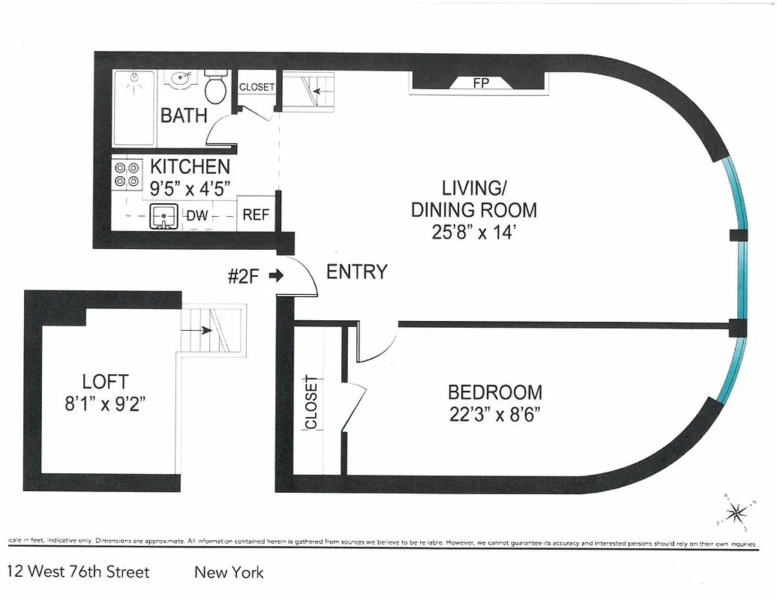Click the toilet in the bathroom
[216, 88]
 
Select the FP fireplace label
[481, 83]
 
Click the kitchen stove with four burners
[127, 175]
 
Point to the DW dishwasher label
[197, 216]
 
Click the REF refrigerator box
[256, 215]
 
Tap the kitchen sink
[163, 217]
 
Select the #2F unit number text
[244, 275]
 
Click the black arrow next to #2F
[275, 275]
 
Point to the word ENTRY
[357, 271]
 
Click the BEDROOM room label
[494, 392]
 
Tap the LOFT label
[105, 382]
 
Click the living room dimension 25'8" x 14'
[473, 232]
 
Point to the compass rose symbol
[737, 512]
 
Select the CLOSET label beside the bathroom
[256, 87]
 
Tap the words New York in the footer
[229, 572]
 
